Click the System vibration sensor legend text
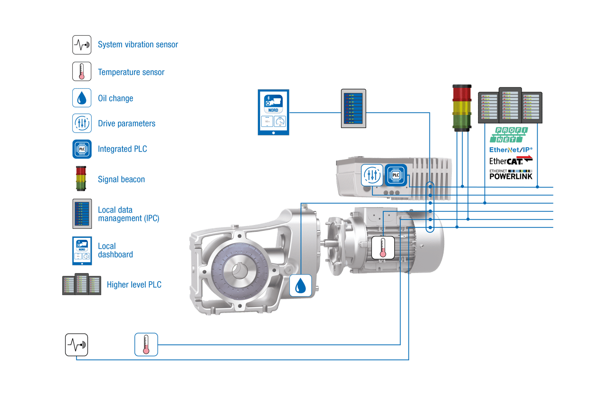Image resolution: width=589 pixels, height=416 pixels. click(x=138, y=45)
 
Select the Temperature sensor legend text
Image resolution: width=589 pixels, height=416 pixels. click(x=131, y=72)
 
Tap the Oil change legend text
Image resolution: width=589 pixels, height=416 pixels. click(x=115, y=98)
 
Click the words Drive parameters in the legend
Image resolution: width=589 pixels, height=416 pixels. click(x=126, y=123)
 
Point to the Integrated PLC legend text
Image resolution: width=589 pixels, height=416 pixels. click(x=123, y=149)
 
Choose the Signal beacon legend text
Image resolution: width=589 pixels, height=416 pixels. click(x=121, y=180)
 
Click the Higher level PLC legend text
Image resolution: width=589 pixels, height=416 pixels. click(x=134, y=285)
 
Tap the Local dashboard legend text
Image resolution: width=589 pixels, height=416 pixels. click(x=115, y=250)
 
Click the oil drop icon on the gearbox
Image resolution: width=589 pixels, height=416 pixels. click(x=301, y=285)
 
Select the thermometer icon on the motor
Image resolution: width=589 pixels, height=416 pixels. click(x=383, y=247)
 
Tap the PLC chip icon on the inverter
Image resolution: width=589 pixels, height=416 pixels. click(x=396, y=175)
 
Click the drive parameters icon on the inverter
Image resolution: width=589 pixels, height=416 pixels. click(x=371, y=175)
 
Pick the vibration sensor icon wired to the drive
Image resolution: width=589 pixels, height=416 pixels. click(x=76, y=345)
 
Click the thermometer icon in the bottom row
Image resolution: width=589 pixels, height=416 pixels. click(x=146, y=344)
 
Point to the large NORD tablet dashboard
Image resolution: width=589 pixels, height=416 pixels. click(x=273, y=112)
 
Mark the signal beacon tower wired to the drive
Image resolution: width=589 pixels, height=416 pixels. click(x=462, y=108)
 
